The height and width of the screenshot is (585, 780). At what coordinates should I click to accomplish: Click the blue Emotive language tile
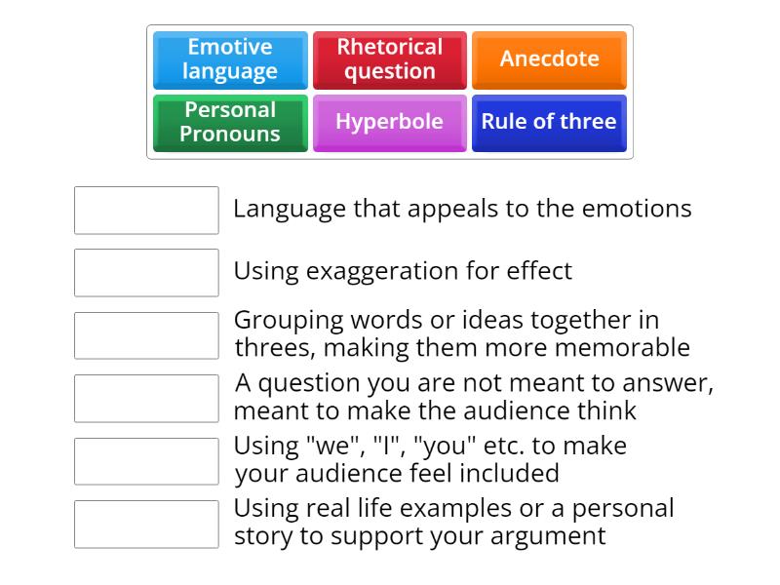coord(230,59)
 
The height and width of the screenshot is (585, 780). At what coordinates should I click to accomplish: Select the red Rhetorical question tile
coord(389,59)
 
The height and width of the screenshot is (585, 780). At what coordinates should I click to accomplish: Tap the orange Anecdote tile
coord(549,59)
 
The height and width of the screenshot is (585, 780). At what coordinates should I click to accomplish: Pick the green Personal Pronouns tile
coord(230,123)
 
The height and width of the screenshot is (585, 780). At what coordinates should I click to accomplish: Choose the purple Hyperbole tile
coord(389,123)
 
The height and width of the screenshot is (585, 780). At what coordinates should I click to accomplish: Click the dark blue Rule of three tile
coord(549,123)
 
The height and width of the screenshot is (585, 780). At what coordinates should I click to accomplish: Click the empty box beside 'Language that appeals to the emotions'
coord(146,211)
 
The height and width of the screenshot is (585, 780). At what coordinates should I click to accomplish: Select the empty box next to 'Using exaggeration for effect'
coord(146,273)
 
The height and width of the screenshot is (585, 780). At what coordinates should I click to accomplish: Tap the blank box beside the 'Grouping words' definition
coord(146,335)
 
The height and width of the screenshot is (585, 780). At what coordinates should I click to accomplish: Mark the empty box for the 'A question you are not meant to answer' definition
coord(146,399)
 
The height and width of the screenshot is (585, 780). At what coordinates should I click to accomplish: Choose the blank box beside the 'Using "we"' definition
coord(146,461)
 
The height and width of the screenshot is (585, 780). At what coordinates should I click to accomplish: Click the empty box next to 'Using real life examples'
coord(146,525)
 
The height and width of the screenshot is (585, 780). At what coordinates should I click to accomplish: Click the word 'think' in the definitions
coord(606,410)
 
